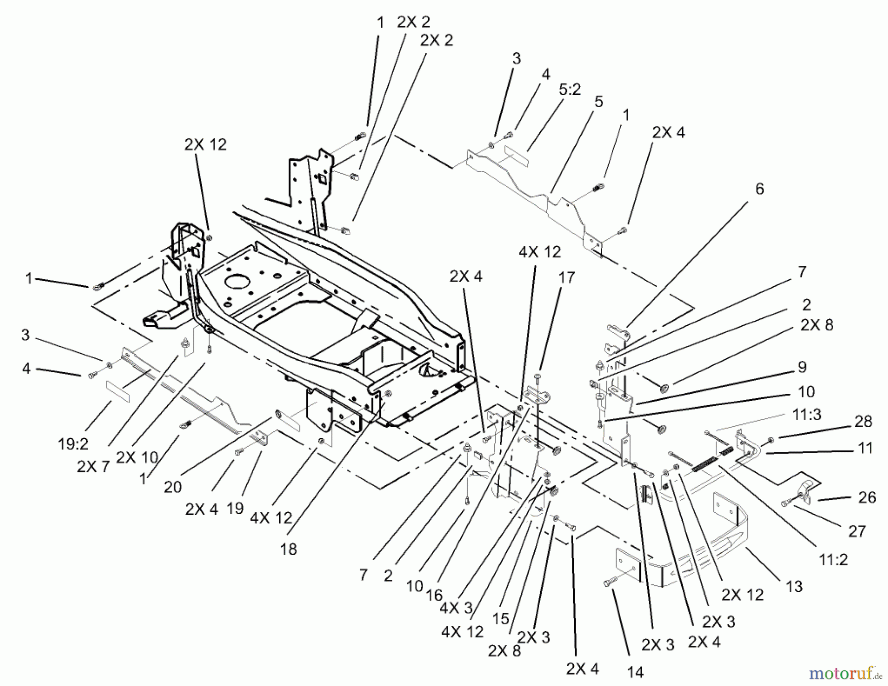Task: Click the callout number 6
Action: pos(759,189)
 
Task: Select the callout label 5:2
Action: pos(570,89)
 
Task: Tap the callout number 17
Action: pos(567,278)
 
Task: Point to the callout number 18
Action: pos(288,549)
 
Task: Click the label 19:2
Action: pos(73,445)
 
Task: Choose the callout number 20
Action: pos(173,487)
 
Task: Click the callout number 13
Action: pos(794,586)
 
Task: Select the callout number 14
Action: pos(635,672)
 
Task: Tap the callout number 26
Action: pos(867,497)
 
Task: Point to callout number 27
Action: pos(857,531)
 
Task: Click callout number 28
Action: pos(863,421)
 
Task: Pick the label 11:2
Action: pos(833,560)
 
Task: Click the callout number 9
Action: pos(802,367)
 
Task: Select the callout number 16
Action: pos(434,596)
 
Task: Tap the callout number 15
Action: pos(500,618)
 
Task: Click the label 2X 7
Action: pos(93,466)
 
